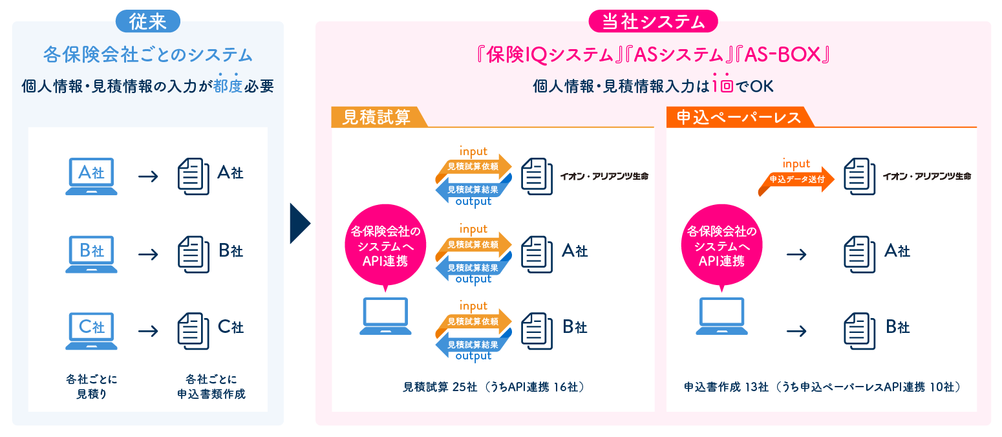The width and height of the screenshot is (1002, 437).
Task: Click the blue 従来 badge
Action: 147,21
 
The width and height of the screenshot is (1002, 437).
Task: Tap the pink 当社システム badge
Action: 653,21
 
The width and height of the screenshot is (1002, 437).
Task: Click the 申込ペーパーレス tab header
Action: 738,117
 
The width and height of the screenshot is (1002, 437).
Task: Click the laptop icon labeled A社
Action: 92,176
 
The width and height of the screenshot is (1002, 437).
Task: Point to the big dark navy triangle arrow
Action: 300,224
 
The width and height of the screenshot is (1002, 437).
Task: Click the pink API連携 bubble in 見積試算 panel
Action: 385,246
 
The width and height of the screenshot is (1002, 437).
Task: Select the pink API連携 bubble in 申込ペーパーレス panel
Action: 721,246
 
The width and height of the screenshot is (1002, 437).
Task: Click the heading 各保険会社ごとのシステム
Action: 147,55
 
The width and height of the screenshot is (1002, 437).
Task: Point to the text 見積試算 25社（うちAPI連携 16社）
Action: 493,387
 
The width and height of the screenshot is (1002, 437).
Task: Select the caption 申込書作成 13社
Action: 727,387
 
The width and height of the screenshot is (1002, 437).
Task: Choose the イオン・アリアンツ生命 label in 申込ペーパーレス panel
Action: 926,176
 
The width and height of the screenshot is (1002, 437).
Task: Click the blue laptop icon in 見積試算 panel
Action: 385,316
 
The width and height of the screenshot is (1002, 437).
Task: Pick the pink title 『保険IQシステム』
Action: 544,56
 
